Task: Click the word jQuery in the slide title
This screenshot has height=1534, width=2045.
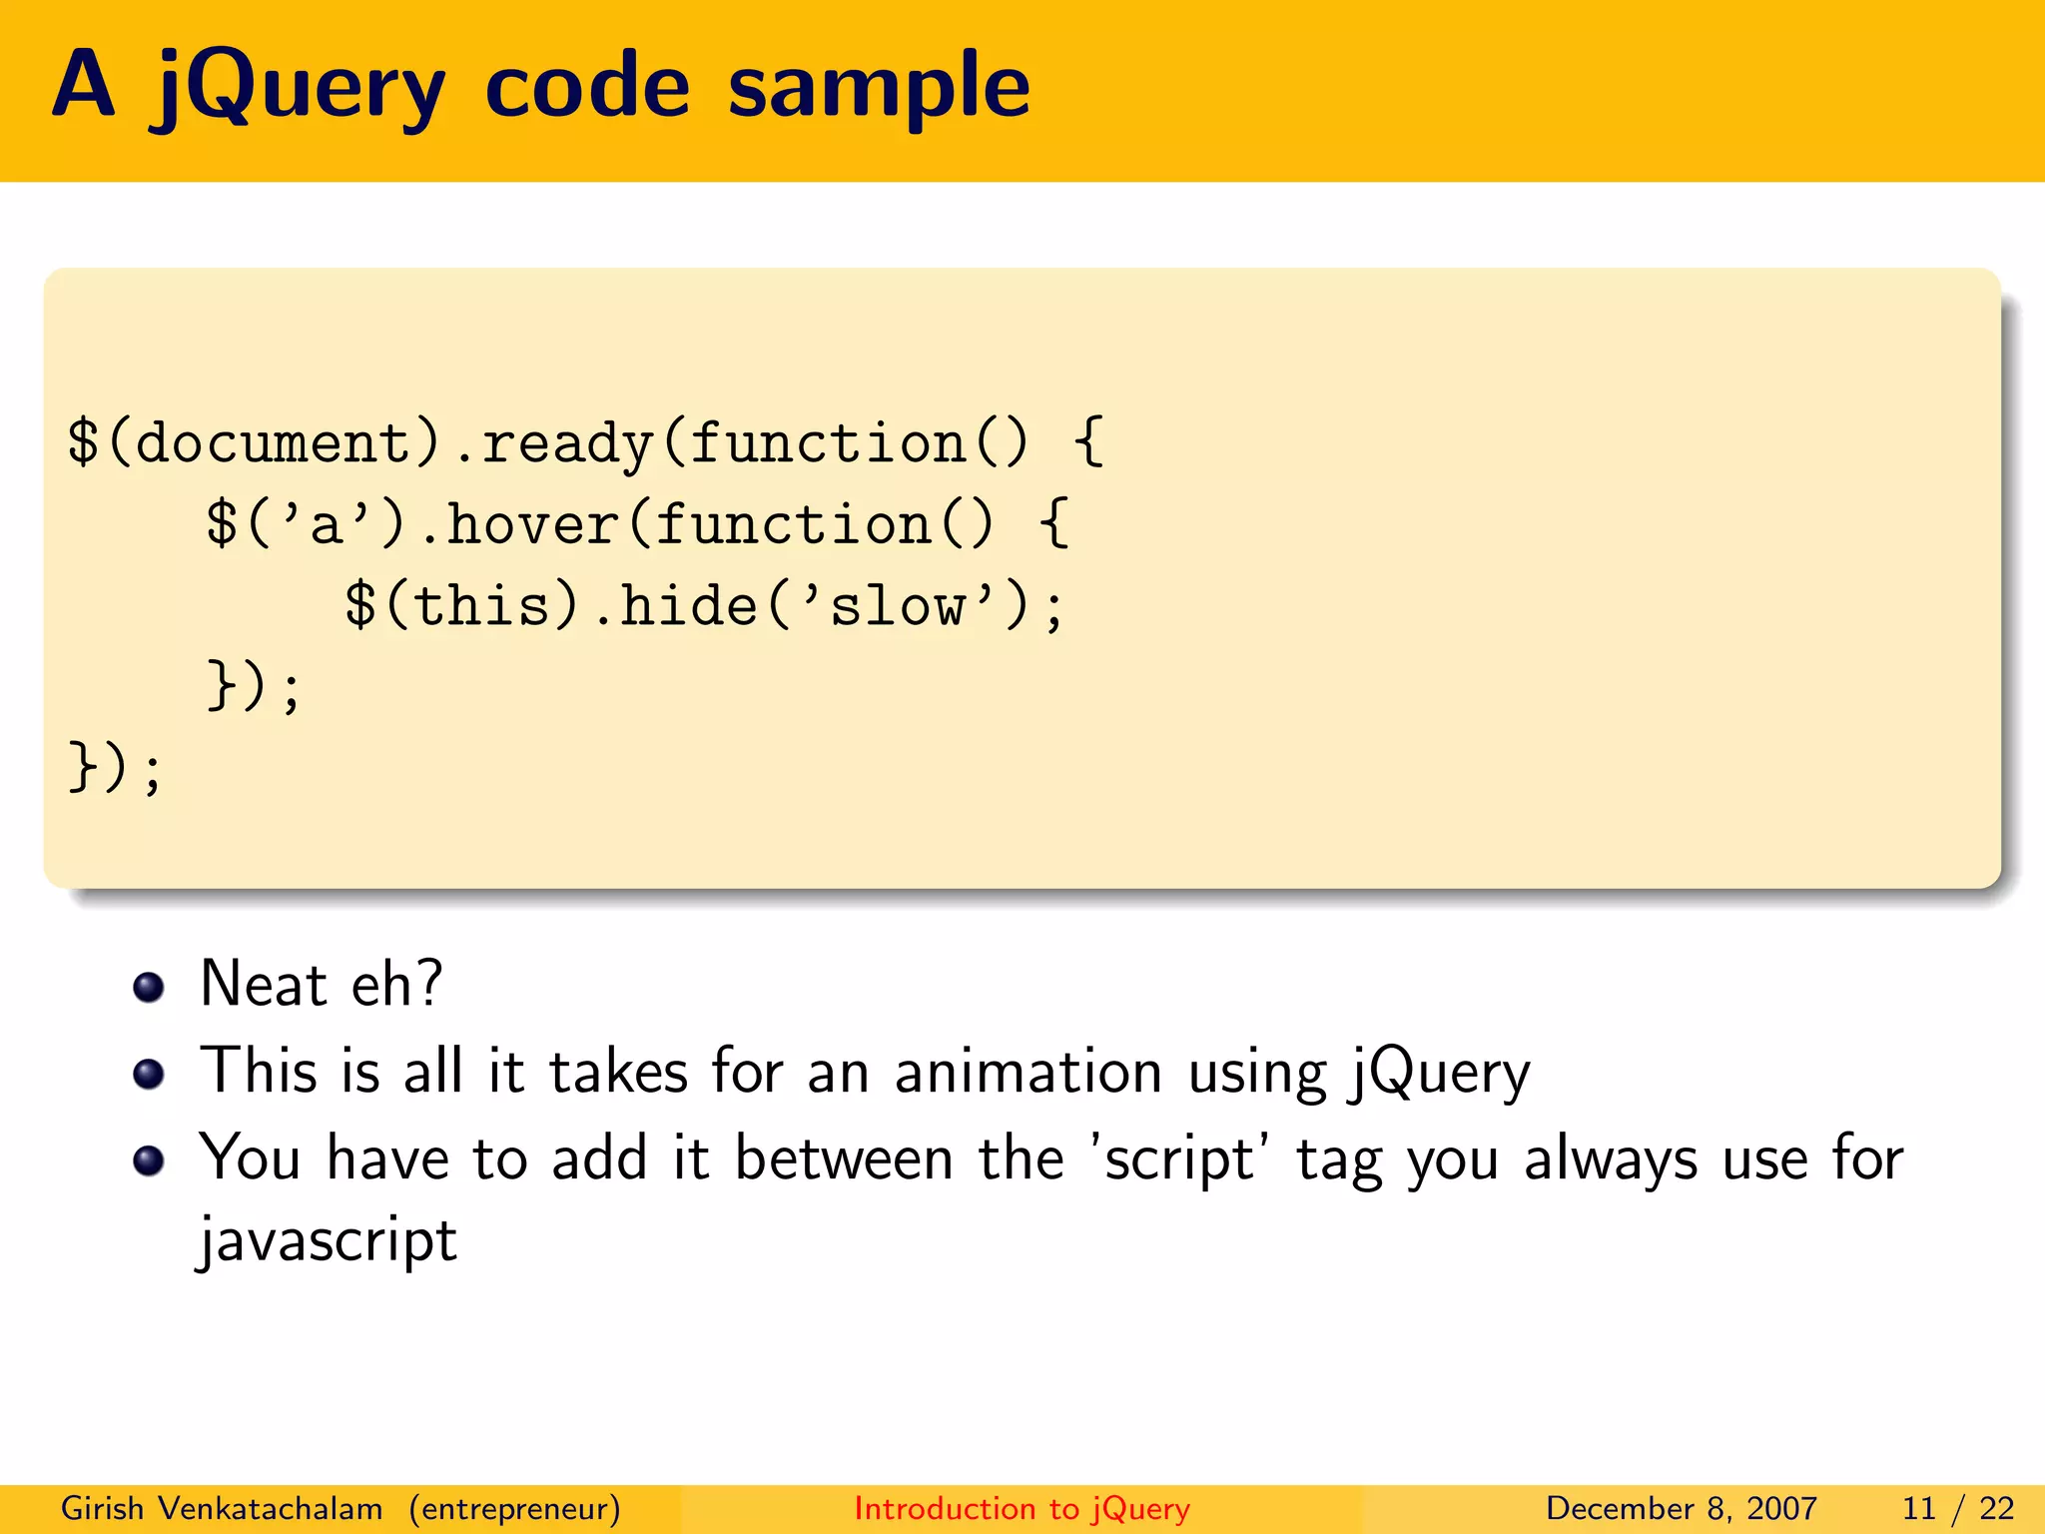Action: point(297,88)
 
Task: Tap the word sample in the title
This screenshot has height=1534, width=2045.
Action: point(879,88)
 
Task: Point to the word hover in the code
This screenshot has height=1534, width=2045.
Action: point(532,524)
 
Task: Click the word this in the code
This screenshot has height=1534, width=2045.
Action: point(481,606)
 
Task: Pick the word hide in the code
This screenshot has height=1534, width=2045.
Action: point(689,606)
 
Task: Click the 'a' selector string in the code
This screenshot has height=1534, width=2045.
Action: point(326,524)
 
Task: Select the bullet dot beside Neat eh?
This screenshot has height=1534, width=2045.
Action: point(149,987)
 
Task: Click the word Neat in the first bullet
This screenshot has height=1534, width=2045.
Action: point(264,984)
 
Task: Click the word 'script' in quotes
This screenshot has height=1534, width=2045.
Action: point(1178,1159)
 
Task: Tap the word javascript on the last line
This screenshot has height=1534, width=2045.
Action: point(328,1241)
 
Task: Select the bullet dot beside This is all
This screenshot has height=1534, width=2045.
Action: point(149,1074)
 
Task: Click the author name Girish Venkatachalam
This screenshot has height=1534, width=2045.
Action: point(222,1508)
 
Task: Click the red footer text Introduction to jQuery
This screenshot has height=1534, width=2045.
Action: point(1022,1508)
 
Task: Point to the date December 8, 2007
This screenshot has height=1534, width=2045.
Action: point(1681,1508)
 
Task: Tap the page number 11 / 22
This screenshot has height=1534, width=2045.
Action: point(1958,1508)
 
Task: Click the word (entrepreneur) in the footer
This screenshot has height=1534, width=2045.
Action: point(514,1508)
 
